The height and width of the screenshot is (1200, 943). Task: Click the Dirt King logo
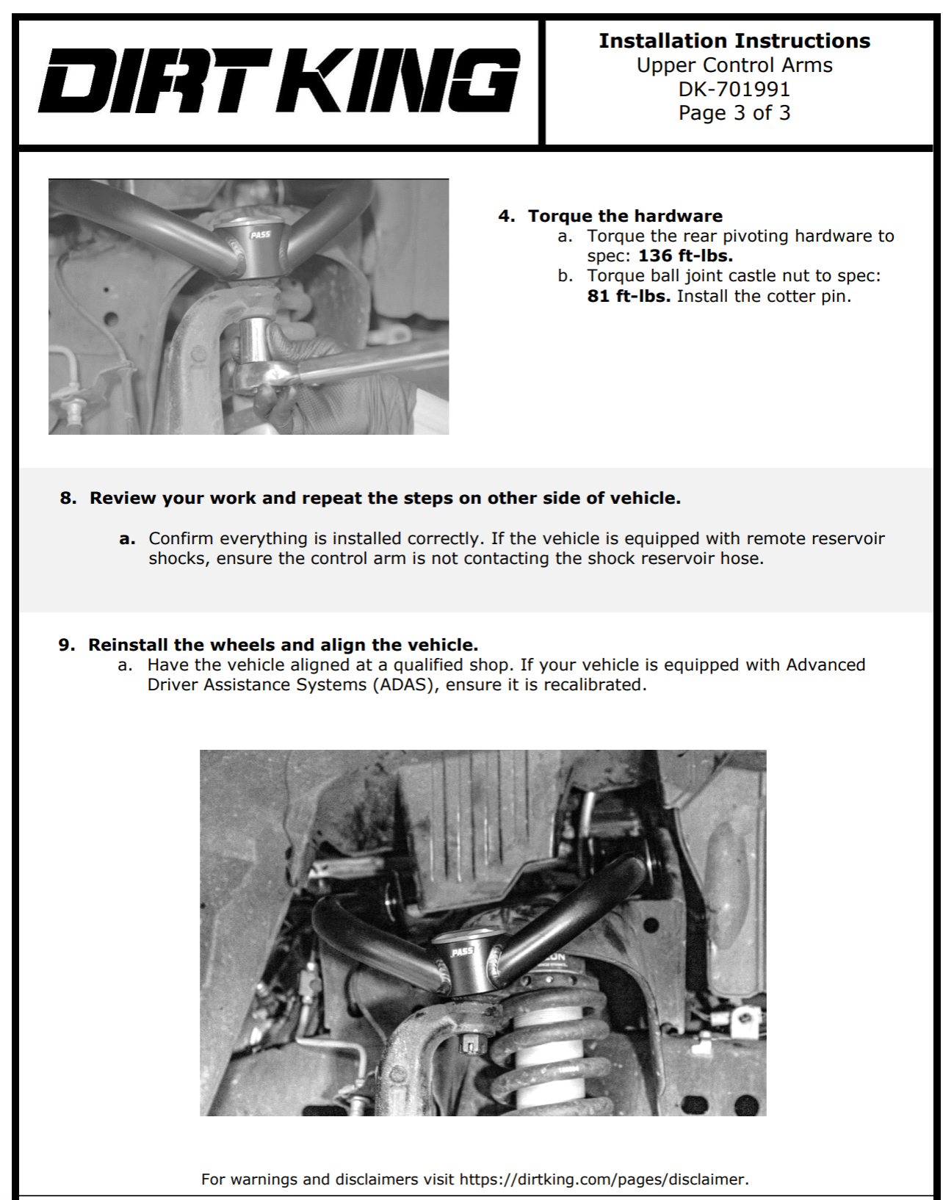(x=279, y=81)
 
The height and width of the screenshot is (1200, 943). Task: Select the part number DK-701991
(x=734, y=90)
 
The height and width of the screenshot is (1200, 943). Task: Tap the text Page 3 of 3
(x=734, y=113)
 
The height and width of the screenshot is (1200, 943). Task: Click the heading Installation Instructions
(x=734, y=41)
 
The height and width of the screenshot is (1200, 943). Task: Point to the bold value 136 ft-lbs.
(x=685, y=256)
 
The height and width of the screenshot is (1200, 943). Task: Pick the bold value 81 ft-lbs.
(x=629, y=297)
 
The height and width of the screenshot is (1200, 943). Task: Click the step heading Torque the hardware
(x=625, y=216)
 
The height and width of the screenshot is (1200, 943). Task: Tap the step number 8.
(x=68, y=498)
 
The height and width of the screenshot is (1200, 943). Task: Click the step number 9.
(x=66, y=645)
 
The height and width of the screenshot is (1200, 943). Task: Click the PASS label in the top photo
(x=260, y=235)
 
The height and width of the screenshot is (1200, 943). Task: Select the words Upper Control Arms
(x=734, y=65)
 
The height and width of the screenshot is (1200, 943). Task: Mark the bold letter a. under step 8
(x=127, y=539)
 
